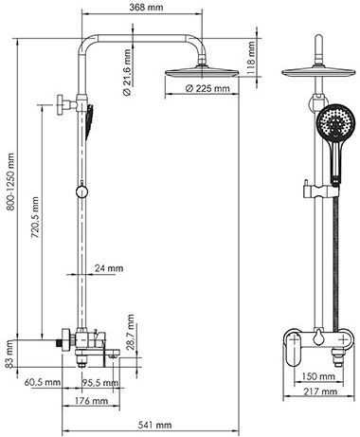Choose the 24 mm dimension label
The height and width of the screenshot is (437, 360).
109,268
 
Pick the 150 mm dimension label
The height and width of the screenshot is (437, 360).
318,376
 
